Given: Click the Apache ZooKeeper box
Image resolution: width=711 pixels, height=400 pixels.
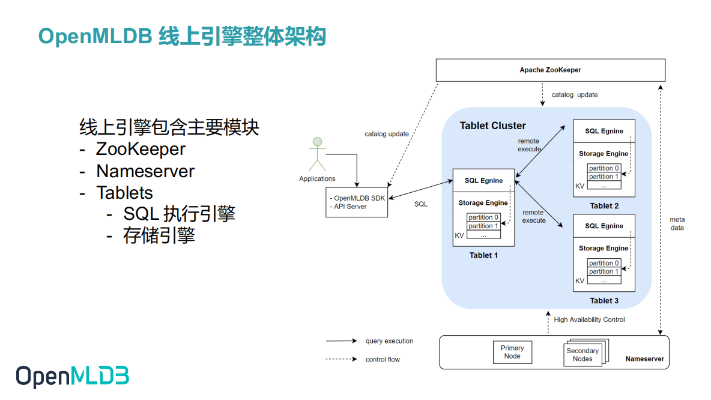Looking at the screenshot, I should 550,70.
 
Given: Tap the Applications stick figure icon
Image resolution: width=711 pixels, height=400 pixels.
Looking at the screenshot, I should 317,156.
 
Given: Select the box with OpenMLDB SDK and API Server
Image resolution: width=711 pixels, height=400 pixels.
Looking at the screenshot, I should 357,202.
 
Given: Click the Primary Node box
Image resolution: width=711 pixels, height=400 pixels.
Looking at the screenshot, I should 512,352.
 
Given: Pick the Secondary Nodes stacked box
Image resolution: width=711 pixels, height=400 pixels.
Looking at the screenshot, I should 582,355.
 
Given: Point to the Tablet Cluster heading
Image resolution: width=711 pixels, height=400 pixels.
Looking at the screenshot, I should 492,126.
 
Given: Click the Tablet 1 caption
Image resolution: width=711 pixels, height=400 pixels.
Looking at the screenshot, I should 483,255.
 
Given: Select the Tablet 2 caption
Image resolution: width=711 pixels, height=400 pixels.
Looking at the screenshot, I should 604,206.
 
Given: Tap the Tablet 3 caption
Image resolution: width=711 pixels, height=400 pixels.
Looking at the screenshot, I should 604,301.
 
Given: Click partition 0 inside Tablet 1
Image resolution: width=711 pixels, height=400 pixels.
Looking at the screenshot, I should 483,217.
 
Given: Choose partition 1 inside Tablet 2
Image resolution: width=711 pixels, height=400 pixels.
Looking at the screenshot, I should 604,177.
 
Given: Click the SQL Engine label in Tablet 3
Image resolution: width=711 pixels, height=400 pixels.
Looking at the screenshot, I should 604,226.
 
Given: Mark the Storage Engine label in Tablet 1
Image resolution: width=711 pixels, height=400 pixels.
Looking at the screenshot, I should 483,203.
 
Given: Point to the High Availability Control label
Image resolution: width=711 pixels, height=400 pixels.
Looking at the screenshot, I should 589,320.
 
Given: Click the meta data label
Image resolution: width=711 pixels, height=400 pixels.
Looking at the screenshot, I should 677,223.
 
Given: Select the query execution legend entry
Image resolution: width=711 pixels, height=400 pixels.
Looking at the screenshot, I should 389,341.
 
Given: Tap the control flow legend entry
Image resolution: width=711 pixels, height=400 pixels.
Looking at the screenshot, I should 383,360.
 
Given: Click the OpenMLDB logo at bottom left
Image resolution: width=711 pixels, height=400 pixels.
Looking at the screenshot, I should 72,376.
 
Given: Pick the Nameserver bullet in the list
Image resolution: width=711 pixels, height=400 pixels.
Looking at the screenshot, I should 145,171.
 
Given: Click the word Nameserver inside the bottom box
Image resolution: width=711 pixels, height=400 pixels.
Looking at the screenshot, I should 644,359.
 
